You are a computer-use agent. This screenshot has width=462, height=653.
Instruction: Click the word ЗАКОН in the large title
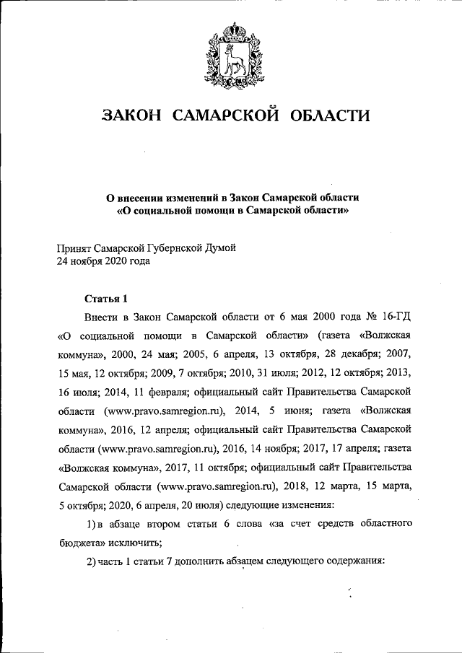point(133,115)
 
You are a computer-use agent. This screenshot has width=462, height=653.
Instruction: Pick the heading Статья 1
point(106,298)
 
